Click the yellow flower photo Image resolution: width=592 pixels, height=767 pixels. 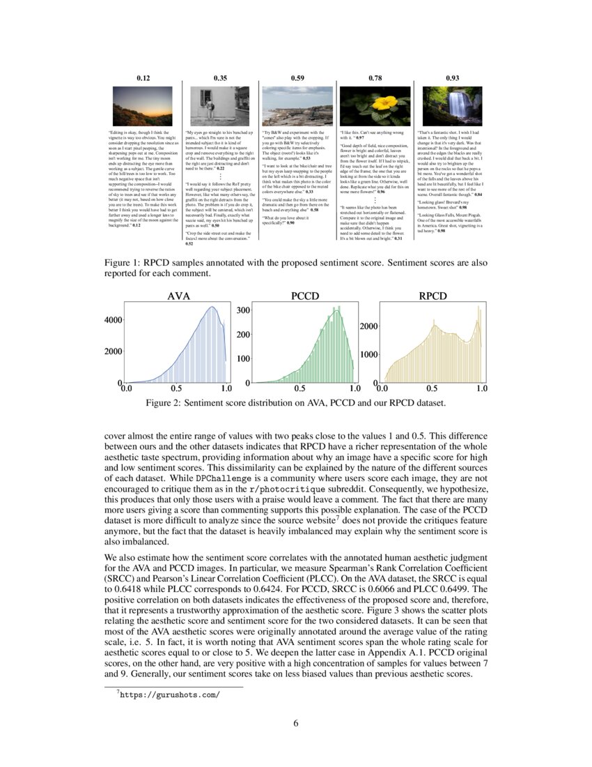click(x=375, y=106)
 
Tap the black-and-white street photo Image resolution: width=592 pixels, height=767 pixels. click(x=220, y=106)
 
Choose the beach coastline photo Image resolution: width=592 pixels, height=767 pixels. click(x=297, y=106)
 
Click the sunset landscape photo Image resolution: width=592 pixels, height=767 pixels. click(x=143, y=106)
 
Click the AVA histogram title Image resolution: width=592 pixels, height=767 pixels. click(x=179, y=296)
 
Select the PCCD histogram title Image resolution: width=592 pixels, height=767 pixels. click(x=304, y=296)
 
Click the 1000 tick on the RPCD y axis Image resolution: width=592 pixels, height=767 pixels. click(x=367, y=354)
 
